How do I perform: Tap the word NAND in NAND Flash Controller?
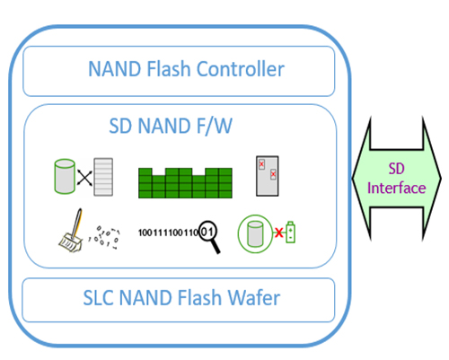click(x=115, y=69)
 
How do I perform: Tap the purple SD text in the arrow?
click(x=396, y=169)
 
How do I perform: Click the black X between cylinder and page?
click(x=84, y=178)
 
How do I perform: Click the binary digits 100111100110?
click(x=167, y=233)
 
